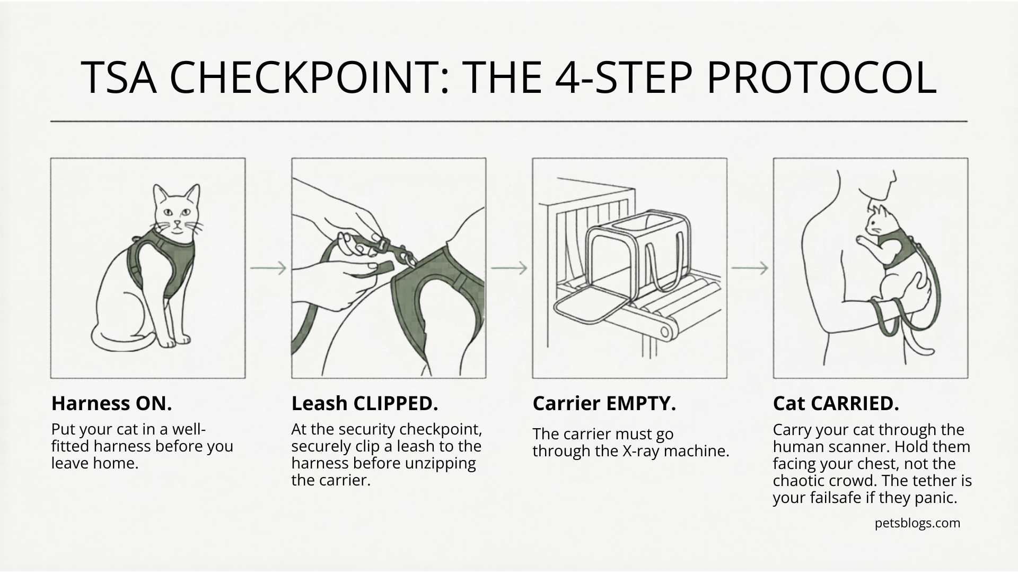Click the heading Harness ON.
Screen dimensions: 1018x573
coord(111,404)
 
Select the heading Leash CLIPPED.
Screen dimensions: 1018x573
coord(365,404)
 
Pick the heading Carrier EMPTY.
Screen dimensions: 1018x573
coord(604,404)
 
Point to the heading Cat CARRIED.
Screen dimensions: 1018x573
coord(836,404)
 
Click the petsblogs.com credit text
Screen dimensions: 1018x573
coord(917,524)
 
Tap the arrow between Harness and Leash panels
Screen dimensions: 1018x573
coord(268,268)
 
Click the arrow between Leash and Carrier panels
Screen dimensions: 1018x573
coord(509,268)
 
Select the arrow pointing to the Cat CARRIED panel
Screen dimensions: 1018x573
coord(750,268)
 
